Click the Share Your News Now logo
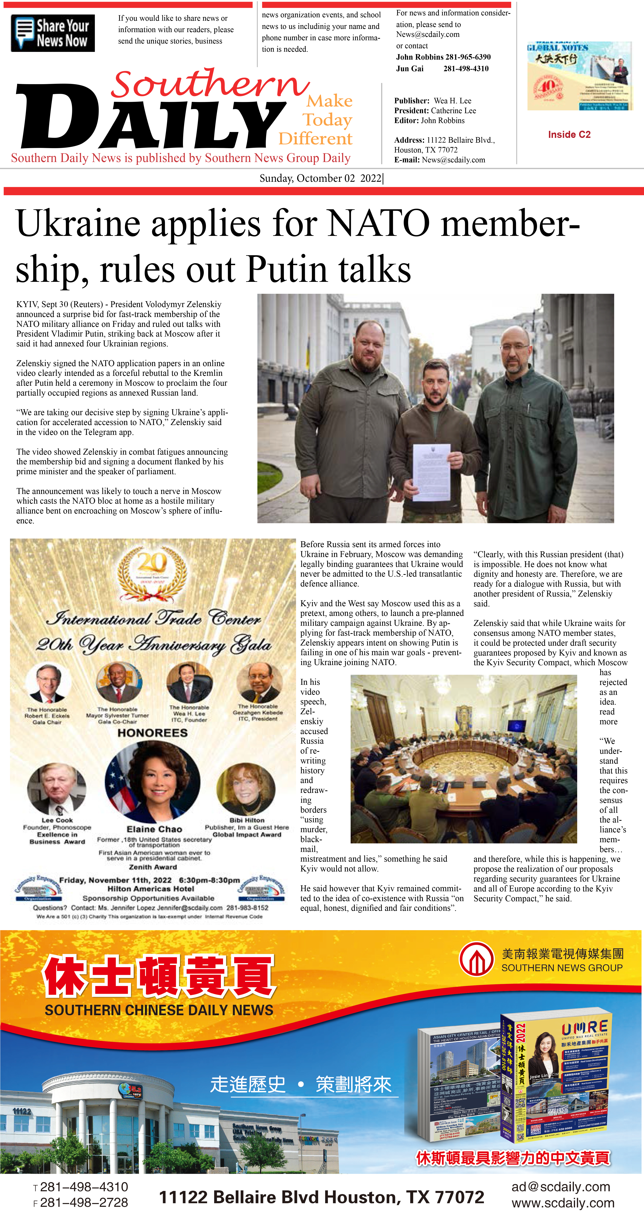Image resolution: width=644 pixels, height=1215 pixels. click(53, 33)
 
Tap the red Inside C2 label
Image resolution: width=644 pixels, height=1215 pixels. click(569, 134)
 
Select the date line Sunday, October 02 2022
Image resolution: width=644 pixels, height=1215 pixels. click(321, 178)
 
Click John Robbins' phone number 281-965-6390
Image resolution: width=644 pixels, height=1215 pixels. click(468, 57)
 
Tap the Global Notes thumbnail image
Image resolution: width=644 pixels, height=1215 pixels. click(579, 76)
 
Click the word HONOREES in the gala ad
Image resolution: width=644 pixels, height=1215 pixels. click(152, 732)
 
